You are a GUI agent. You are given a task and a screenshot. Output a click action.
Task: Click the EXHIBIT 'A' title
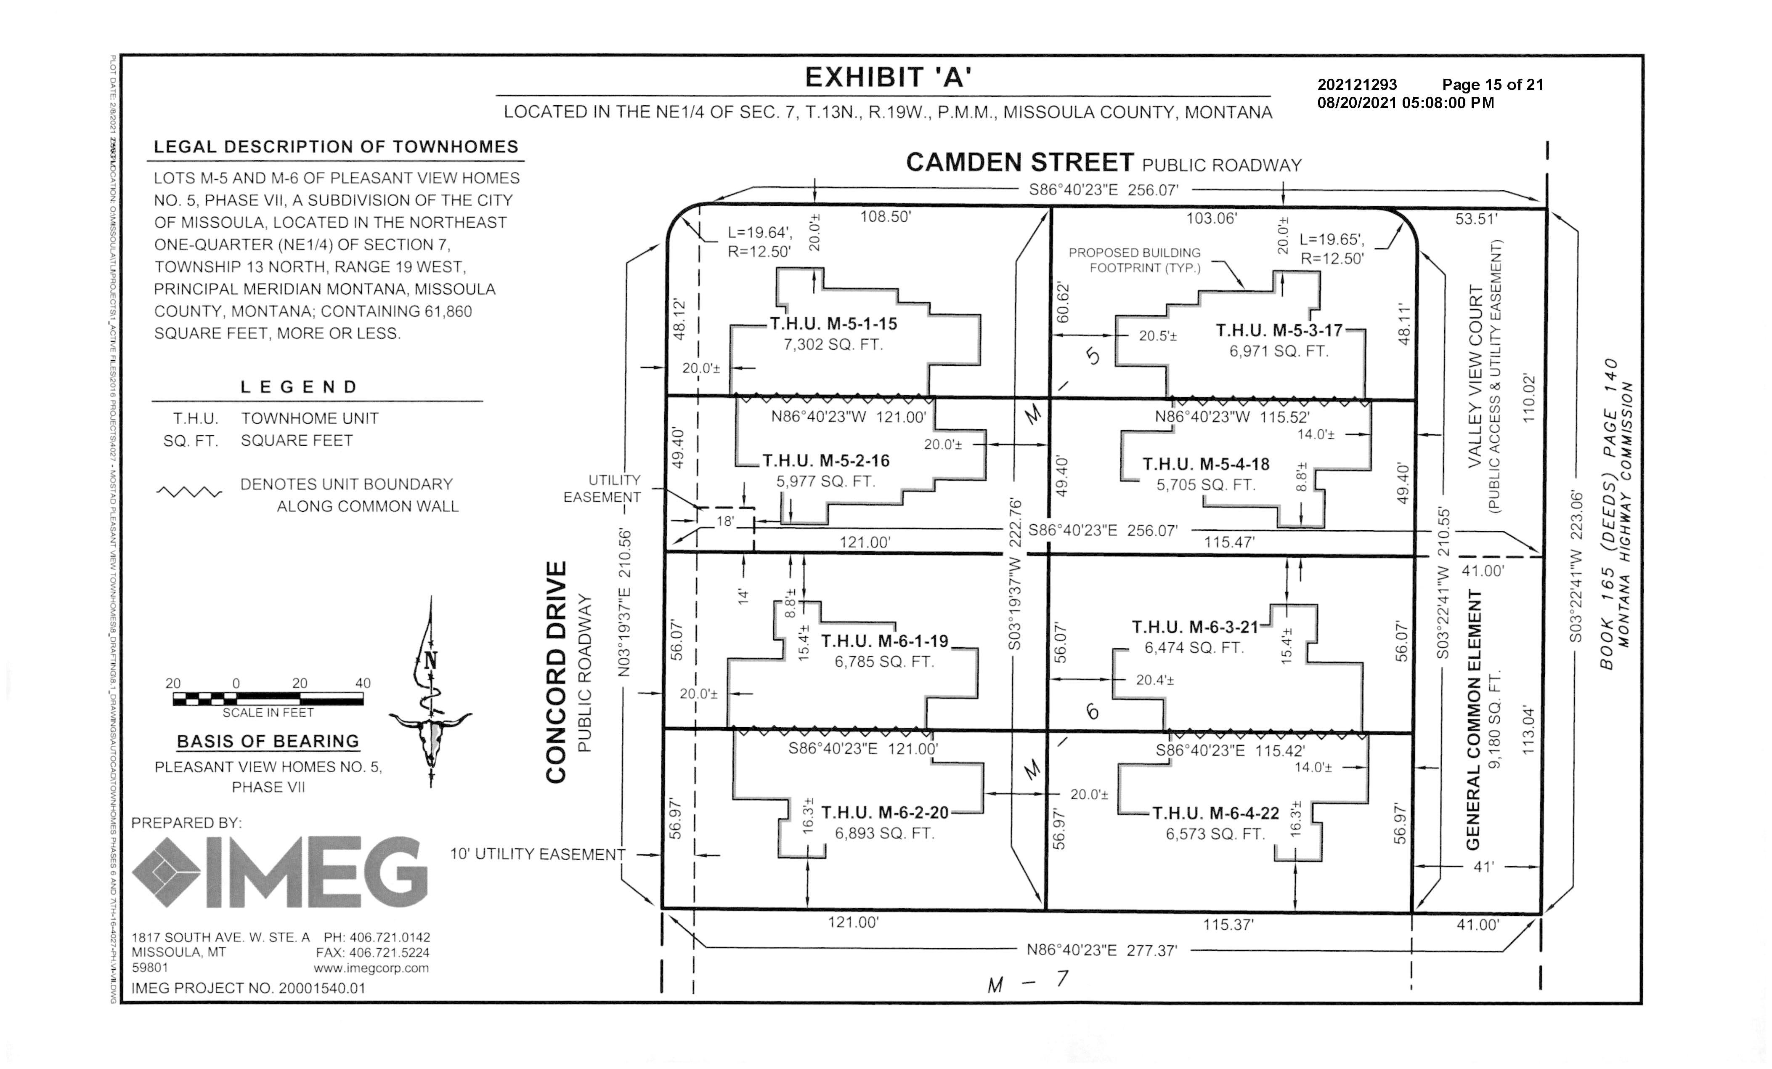point(887,77)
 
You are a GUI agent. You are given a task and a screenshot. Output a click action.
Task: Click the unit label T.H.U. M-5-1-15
point(833,324)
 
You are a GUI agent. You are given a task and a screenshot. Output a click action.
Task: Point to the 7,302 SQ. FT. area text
point(833,345)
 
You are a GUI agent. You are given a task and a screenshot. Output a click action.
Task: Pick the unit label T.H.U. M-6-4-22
point(1215,814)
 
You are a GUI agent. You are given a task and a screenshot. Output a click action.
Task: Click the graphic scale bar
point(268,698)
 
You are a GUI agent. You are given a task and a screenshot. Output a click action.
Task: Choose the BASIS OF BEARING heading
point(268,742)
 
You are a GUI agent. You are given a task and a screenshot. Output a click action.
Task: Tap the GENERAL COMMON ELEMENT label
point(1474,719)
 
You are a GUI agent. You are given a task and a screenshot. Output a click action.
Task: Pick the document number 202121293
point(1357,85)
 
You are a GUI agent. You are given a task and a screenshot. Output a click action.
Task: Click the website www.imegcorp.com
point(371,968)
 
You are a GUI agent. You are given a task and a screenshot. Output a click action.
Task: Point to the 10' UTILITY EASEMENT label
point(537,855)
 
